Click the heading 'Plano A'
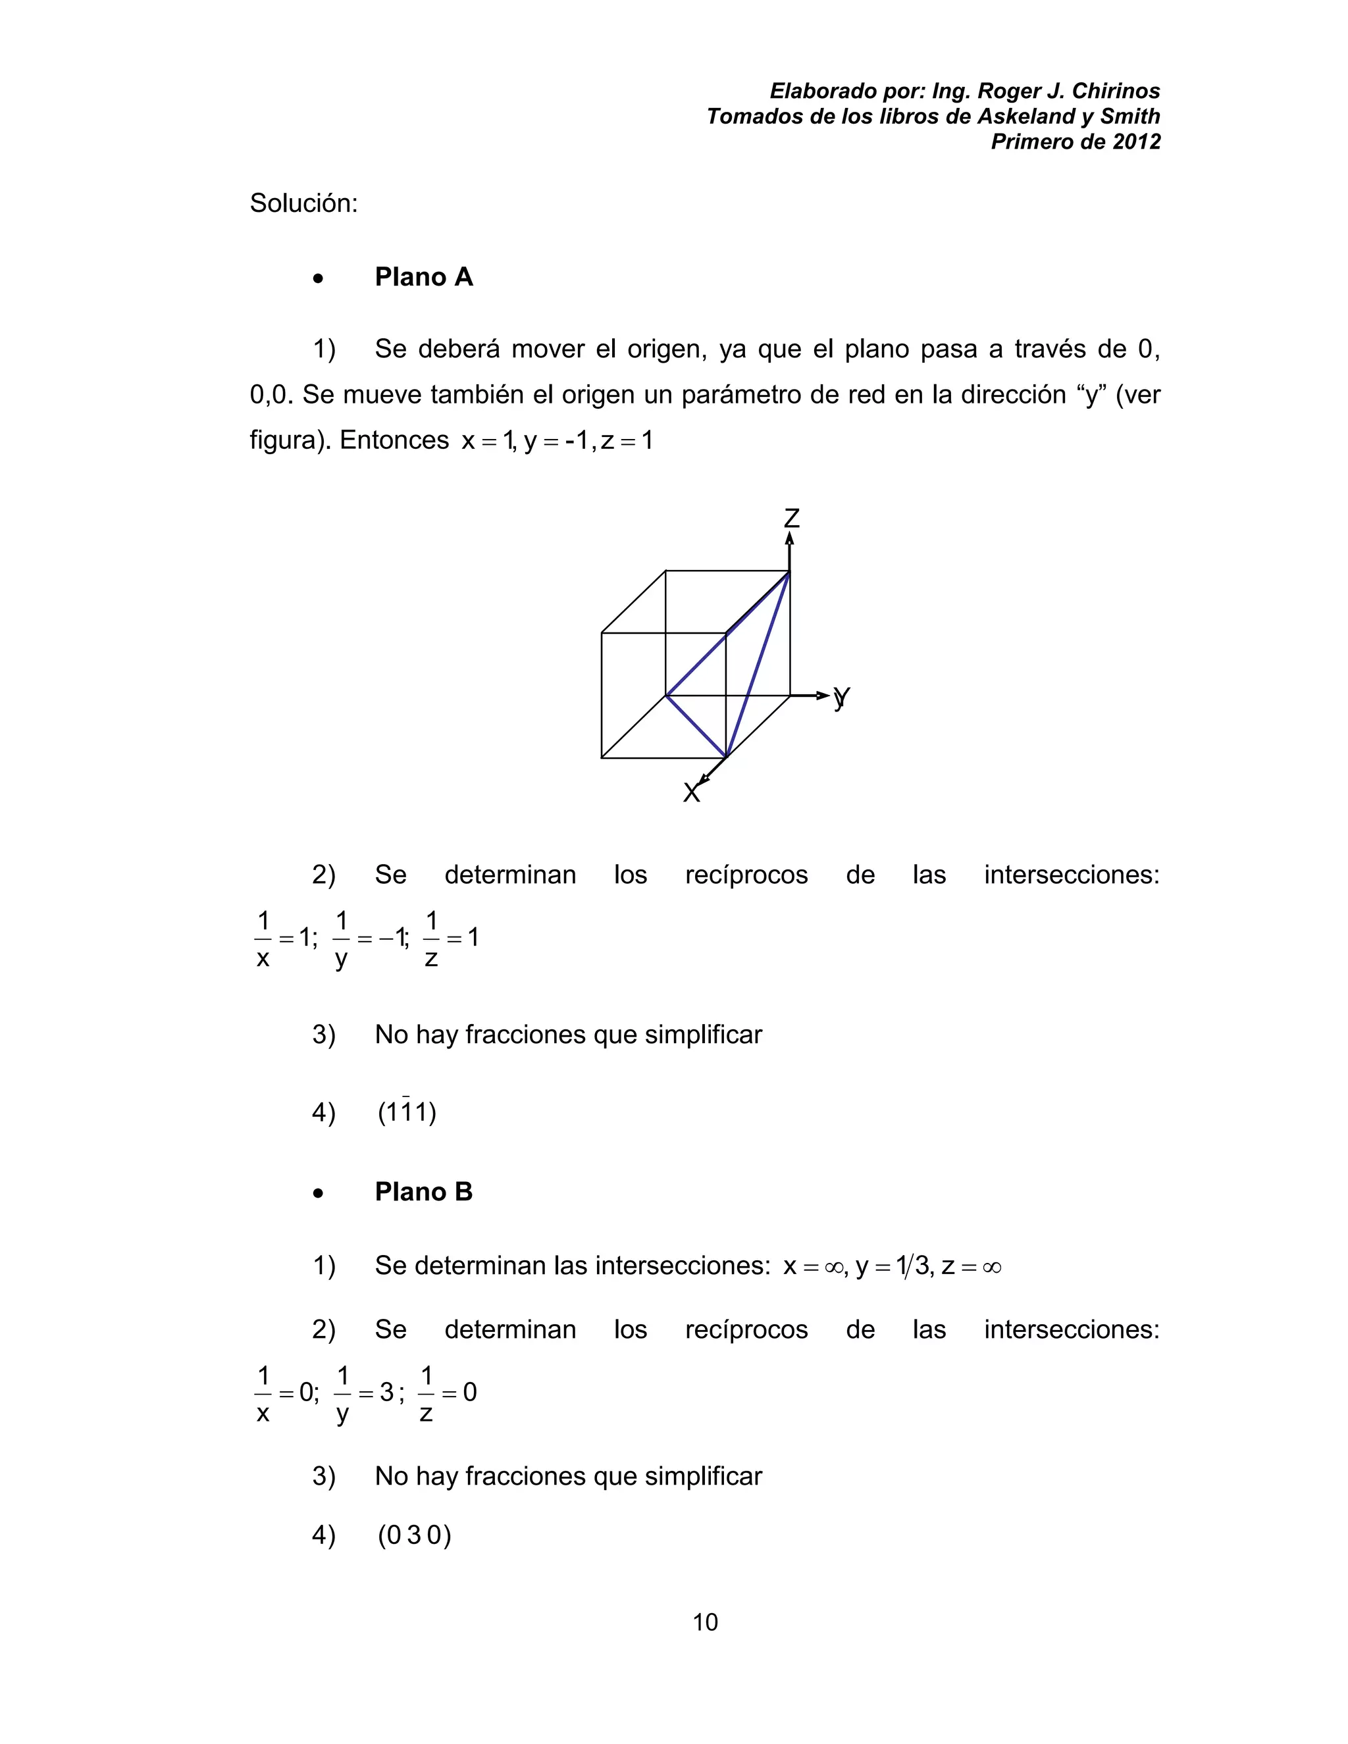423,277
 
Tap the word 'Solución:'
303,203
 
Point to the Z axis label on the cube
791,518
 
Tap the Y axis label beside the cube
842,697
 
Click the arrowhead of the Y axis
823,696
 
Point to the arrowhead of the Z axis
790,539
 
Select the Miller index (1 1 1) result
407,1112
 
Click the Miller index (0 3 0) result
415,1535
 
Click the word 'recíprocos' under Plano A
746,875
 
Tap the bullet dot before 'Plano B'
319,1194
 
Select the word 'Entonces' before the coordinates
394,440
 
